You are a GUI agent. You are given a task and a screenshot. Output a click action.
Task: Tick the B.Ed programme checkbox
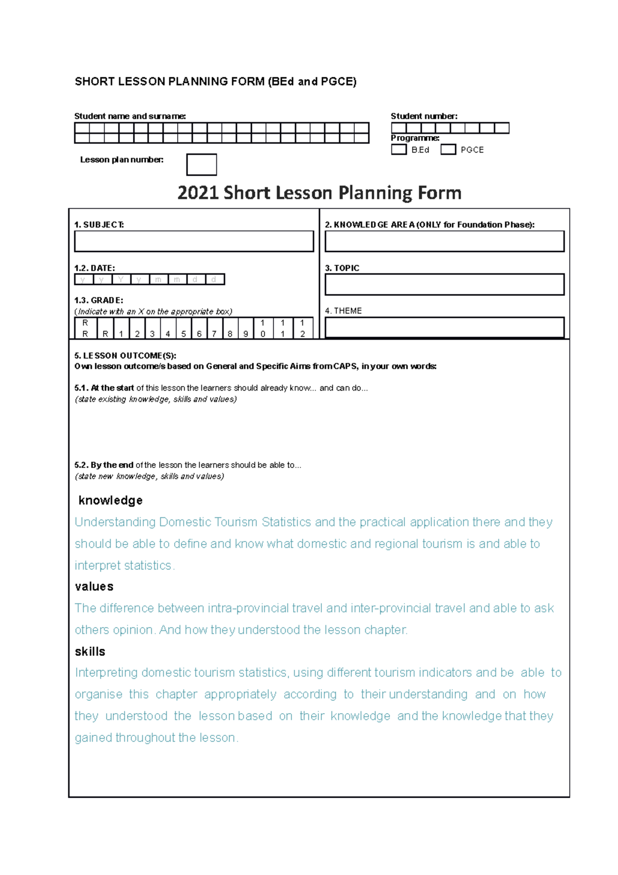click(399, 149)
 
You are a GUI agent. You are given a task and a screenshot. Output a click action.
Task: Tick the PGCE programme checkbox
click(448, 149)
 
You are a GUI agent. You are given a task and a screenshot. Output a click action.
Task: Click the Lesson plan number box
click(201, 164)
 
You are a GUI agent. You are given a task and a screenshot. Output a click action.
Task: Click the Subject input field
click(194, 241)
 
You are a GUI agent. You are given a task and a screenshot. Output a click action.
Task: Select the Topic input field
click(444, 284)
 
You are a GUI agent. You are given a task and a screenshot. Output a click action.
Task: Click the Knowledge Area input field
click(444, 241)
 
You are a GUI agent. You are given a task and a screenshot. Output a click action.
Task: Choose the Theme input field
click(444, 327)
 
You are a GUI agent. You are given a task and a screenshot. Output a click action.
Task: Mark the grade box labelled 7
click(215, 328)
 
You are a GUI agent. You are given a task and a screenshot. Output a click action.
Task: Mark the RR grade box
click(85, 328)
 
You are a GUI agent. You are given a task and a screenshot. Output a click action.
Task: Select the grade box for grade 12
click(303, 328)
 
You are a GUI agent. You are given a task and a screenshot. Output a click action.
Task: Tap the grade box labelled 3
click(152, 328)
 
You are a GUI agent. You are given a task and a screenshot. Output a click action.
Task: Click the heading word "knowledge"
click(110, 500)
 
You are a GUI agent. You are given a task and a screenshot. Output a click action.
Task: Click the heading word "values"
click(94, 586)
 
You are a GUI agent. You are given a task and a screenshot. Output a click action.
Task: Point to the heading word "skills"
click(90, 651)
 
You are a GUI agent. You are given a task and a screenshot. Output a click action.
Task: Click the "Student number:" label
click(424, 116)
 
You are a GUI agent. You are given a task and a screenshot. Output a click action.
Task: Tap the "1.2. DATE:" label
click(95, 268)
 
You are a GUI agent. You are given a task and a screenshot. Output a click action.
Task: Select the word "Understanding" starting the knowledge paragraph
click(115, 522)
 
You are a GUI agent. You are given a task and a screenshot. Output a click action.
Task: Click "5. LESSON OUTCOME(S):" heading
click(125, 356)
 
